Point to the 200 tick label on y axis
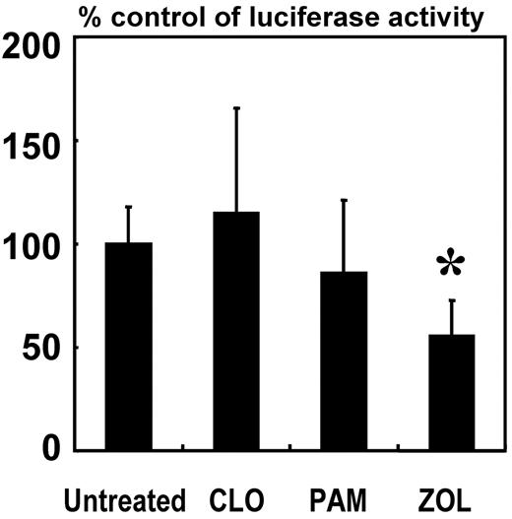(x=35, y=45)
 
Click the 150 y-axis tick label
(x=35, y=148)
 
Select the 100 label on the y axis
(x=35, y=245)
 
